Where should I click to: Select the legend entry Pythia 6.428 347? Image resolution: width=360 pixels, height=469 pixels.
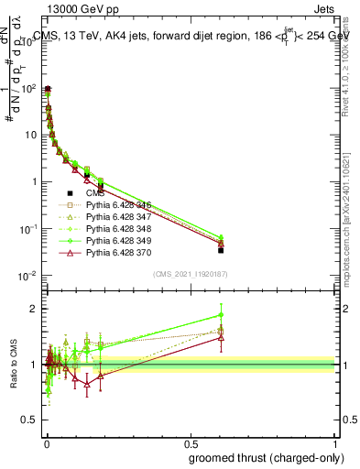pos(116,218)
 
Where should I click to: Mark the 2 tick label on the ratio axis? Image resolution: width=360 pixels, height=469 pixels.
pos(34,308)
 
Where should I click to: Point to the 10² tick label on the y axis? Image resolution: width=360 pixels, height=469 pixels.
pos(30,88)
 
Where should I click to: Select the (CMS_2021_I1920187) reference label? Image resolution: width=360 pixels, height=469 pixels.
pos(190,274)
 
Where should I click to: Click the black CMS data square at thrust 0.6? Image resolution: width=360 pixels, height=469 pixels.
pos(221,249)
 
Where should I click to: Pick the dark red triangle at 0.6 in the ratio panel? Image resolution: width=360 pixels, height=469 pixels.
pos(221,338)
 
